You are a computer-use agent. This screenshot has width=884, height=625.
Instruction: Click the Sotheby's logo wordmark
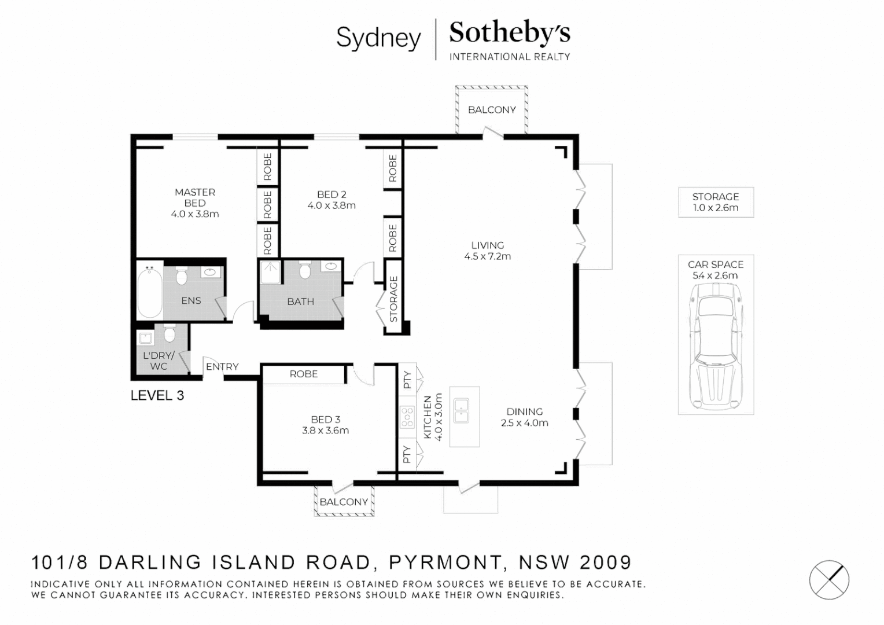pos(509,33)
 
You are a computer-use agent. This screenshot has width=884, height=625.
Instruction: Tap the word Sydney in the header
pos(378,38)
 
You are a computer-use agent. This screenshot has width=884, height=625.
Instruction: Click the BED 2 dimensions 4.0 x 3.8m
pos(331,205)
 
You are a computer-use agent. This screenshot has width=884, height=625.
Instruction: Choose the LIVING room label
pos(487,245)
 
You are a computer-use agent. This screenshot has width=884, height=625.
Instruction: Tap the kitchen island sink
pos(461,410)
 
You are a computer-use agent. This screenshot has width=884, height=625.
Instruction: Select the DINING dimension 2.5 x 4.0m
pos(524,423)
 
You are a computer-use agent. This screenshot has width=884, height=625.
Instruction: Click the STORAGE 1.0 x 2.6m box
pos(716,203)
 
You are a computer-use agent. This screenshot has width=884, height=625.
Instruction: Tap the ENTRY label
pos(222,366)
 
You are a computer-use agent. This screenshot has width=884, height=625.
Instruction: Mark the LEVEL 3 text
pos(157,395)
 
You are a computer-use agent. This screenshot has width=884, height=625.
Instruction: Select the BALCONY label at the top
pos(492,110)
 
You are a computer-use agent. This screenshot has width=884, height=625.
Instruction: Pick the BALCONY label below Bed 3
pos(344,502)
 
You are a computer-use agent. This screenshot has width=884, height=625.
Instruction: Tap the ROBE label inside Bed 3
pos(304,374)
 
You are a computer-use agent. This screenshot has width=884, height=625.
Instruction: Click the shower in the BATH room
pos(270,272)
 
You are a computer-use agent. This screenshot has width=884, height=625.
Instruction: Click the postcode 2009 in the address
pos(605,562)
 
